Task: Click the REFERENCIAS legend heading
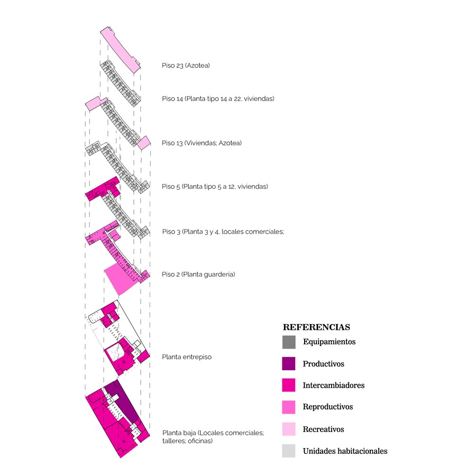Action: (x=316, y=327)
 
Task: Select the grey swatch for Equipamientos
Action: (x=289, y=342)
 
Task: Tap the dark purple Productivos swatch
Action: (x=289, y=363)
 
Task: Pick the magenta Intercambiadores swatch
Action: (x=289, y=385)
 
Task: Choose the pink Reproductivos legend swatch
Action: (x=289, y=407)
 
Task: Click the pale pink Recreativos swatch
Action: (x=289, y=429)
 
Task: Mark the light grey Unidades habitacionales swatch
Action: (x=289, y=451)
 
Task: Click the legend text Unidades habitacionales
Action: (x=345, y=451)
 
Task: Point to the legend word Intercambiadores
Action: (x=334, y=385)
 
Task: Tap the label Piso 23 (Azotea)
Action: (x=186, y=66)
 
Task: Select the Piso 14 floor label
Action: (x=218, y=99)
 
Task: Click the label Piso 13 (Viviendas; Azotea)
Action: (x=202, y=143)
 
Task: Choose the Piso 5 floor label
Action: (x=215, y=186)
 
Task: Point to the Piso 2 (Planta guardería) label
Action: (x=198, y=274)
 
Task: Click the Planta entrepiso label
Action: (x=187, y=357)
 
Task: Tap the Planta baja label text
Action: (x=213, y=437)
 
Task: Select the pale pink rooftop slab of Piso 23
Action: (x=120, y=50)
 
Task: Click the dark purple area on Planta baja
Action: (x=122, y=402)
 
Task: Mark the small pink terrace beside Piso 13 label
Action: (x=144, y=143)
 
